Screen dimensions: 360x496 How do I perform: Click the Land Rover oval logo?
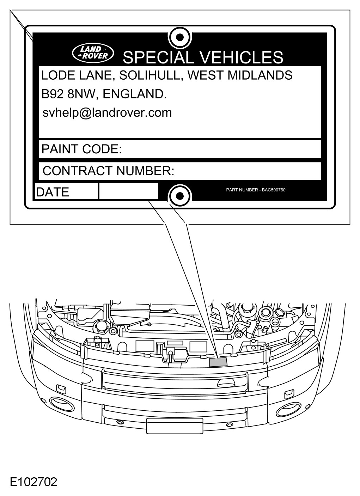point(93,53)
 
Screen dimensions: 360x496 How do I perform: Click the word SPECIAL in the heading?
point(158,57)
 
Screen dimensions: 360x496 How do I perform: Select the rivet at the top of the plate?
point(179,37)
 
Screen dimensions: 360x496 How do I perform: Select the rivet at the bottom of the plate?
point(179,195)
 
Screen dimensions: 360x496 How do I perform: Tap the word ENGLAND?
point(134,94)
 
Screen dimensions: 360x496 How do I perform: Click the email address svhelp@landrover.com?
point(107,113)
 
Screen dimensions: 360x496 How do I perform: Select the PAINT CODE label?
point(81,149)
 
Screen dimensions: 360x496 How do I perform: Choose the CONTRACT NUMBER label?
point(108,171)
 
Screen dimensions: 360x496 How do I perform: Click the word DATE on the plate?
point(53,192)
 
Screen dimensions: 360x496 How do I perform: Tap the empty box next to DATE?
point(128,191)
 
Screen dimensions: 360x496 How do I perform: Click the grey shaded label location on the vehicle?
point(218,362)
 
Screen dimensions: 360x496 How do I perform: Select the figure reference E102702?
point(33,482)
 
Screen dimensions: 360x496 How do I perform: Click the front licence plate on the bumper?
point(175,425)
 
